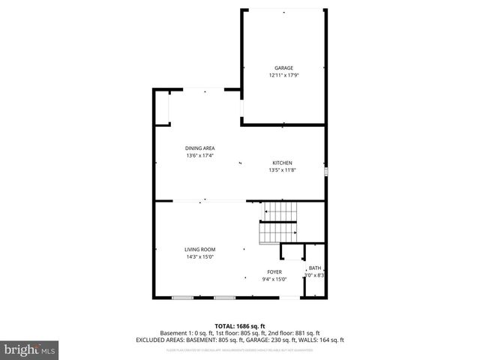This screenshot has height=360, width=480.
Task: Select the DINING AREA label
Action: tap(200, 148)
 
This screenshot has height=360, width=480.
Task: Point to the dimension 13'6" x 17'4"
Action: tap(200, 156)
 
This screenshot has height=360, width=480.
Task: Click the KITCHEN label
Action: tap(282, 163)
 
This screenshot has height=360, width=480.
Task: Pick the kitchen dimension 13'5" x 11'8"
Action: tap(282, 170)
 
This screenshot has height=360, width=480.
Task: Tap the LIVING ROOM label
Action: tap(200, 250)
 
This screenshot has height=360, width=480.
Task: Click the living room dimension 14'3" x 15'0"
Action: tap(200, 257)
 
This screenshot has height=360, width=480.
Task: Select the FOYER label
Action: tap(275, 272)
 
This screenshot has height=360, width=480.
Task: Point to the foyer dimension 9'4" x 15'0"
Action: tap(275, 280)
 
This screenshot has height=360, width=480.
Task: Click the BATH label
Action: tap(314, 268)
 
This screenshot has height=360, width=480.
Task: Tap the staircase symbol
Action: tap(279, 223)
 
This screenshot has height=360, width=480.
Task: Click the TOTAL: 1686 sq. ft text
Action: tap(240, 325)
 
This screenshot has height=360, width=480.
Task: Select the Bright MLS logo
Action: tap(29, 349)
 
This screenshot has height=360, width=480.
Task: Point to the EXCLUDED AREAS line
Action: tap(240, 340)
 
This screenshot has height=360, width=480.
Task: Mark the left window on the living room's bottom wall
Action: tap(182, 298)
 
